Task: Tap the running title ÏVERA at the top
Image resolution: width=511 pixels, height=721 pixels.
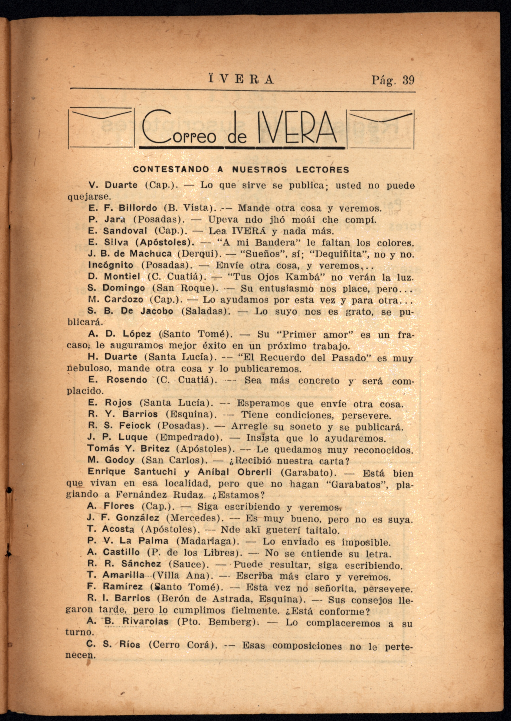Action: (x=241, y=79)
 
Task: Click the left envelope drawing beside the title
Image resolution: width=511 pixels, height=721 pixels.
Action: (x=101, y=128)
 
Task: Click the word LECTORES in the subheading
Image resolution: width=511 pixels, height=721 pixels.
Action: (x=323, y=170)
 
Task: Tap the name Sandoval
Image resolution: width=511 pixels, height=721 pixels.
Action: (x=125, y=231)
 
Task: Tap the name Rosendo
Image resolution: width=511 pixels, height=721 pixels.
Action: (x=127, y=380)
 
